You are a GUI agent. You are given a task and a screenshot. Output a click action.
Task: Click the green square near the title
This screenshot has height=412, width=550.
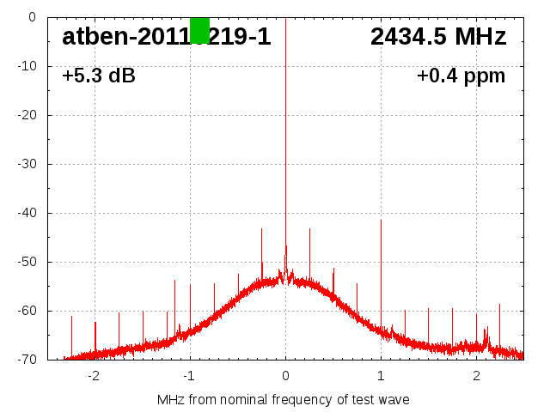[199, 30]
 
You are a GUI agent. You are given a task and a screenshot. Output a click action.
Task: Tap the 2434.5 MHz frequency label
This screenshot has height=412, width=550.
[438, 37]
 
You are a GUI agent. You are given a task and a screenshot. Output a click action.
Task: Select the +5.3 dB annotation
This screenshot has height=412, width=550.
[99, 76]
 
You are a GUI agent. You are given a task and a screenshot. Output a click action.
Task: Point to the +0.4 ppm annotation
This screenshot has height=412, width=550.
[461, 76]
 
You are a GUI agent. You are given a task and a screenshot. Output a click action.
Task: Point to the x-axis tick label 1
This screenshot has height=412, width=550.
[381, 376]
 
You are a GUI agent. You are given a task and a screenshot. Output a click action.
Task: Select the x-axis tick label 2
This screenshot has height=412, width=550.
[476, 376]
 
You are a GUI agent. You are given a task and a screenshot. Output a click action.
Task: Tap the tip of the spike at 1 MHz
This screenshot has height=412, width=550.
[381, 220]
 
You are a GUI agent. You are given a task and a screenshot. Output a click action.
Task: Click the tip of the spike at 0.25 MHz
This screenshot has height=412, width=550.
[309, 228]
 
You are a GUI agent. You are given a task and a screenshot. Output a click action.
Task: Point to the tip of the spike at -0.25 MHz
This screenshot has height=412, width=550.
[261, 228]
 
